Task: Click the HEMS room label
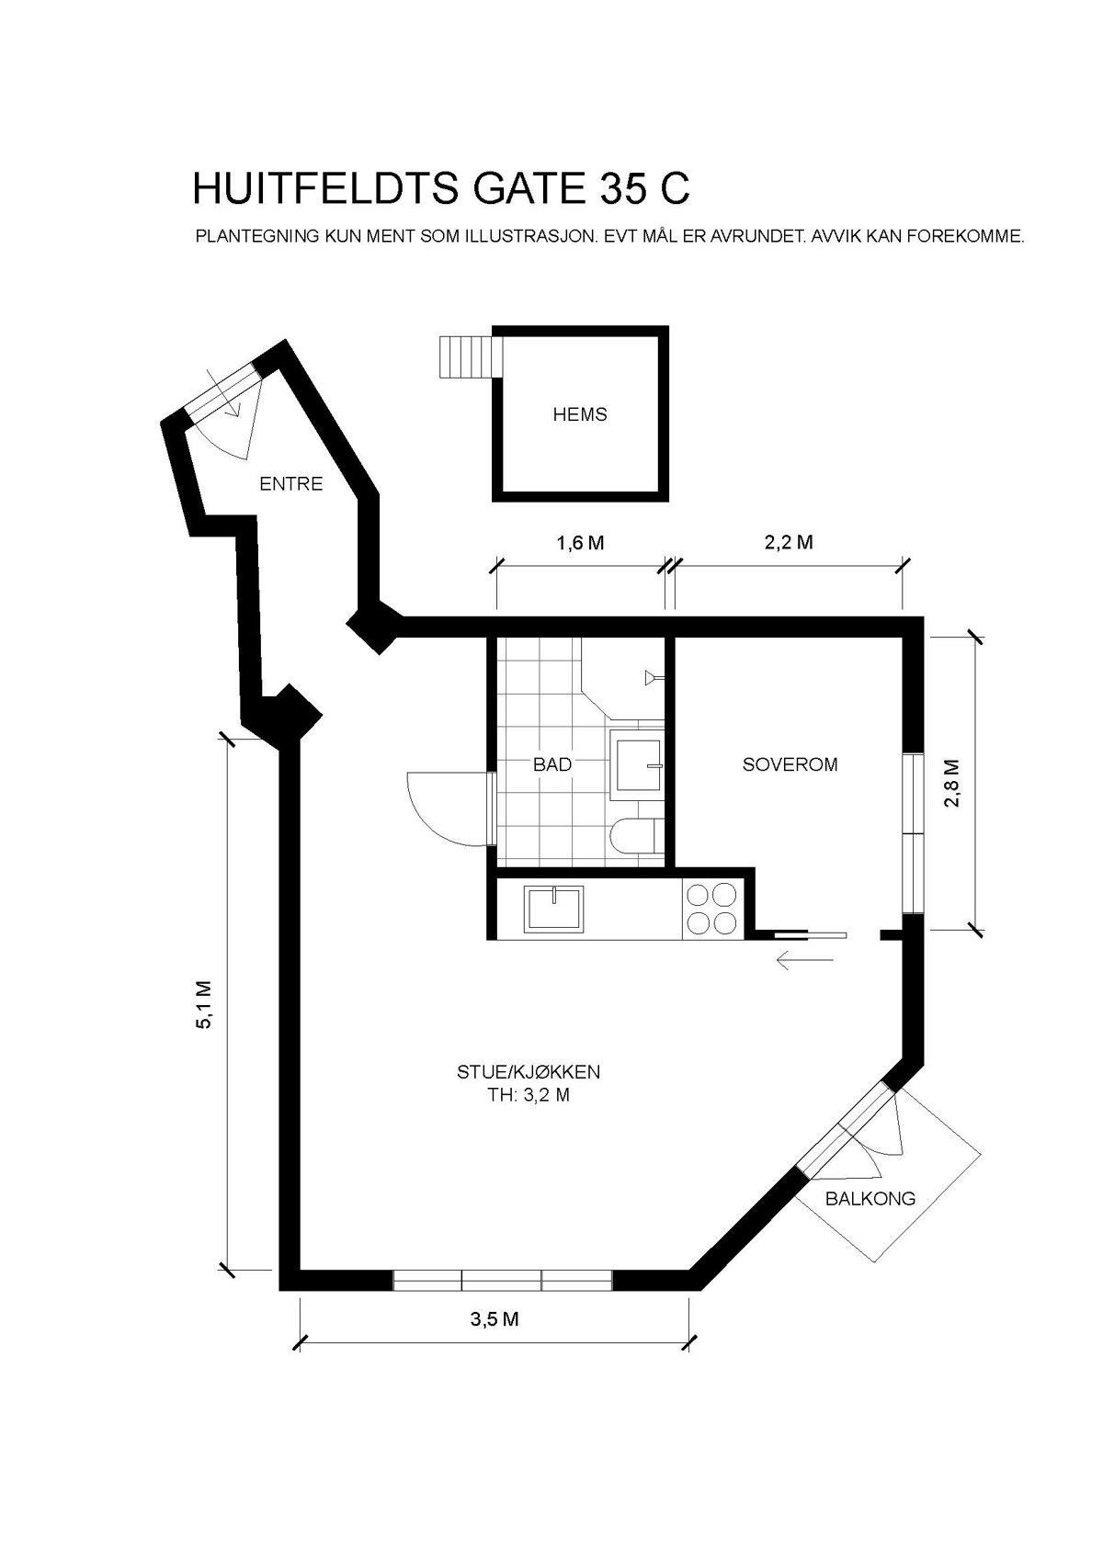579,414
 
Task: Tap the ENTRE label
290,483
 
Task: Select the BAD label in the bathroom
552,763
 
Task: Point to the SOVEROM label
790,763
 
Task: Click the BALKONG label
870,1198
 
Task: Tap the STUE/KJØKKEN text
529,1071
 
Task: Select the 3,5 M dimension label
495,1319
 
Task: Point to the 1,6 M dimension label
580,543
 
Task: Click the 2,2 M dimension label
789,543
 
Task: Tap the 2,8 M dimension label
951,782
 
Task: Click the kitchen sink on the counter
553,909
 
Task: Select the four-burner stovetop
711,909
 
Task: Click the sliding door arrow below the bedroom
804,961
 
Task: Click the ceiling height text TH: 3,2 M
529,1095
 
